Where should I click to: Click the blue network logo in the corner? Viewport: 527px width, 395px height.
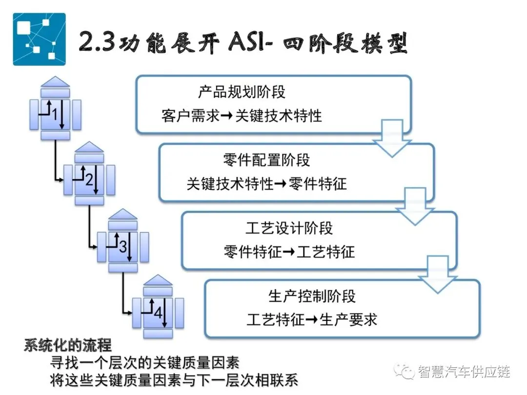(x=39, y=39)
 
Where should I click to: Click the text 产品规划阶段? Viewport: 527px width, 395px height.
(x=242, y=92)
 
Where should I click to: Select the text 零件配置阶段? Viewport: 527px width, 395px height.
(x=266, y=159)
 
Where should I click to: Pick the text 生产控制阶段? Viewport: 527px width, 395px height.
(x=312, y=296)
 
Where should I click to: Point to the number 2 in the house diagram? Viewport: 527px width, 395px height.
(x=89, y=180)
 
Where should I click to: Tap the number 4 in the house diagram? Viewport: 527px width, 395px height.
(x=157, y=313)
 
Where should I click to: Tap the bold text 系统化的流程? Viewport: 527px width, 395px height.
(x=68, y=346)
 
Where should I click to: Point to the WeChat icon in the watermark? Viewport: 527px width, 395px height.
(x=405, y=372)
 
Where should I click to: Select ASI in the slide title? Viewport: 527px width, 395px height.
(x=246, y=44)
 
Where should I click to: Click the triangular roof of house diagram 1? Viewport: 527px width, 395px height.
(x=56, y=81)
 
